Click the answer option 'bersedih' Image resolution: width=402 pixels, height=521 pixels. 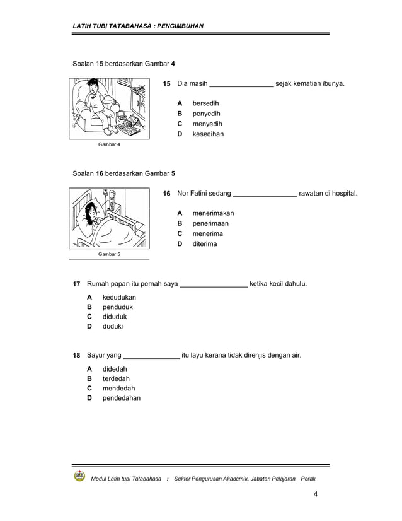point(205,103)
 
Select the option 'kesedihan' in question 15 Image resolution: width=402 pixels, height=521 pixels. point(208,134)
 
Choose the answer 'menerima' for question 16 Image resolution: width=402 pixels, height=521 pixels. point(207,233)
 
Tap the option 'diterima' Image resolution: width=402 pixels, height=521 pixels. point(204,243)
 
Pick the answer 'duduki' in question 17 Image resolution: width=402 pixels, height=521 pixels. point(113,327)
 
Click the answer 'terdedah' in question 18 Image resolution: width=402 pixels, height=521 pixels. point(116,378)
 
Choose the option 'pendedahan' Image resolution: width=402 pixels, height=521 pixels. point(122,398)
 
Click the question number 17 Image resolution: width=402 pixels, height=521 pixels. point(76,284)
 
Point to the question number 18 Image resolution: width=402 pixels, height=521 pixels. point(76,356)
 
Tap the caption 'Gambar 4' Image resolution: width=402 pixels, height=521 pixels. point(108,144)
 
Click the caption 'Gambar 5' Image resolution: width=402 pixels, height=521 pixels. point(108,254)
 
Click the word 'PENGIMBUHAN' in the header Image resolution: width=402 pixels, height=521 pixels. point(179,26)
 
